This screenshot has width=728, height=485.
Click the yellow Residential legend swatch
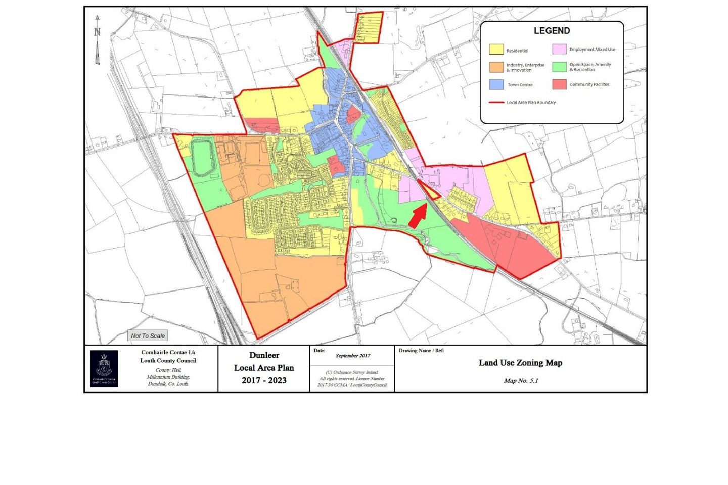pos(496,50)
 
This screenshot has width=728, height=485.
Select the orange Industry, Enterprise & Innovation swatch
pos(496,67)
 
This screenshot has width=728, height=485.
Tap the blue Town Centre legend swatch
pos(496,84)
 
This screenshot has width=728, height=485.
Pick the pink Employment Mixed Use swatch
pos(559,49)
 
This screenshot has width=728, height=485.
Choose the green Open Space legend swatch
pos(559,67)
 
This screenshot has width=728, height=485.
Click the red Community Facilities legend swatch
pos(559,84)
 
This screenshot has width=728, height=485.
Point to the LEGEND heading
pos(552,31)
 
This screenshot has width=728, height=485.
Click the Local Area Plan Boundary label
pos(531,103)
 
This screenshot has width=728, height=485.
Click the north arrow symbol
pos(97,40)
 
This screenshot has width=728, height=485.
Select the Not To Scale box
pos(148,335)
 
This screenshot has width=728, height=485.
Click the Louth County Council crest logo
pos(104,369)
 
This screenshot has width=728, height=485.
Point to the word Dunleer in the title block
pos(264,355)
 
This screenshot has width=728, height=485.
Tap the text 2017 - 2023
pos(264,380)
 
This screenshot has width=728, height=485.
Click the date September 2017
pos(353,356)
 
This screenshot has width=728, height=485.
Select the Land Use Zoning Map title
pos(520,363)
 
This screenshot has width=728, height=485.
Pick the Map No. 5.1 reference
pos(521,381)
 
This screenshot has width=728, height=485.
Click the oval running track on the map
pos(202,158)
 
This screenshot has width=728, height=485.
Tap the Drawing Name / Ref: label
pos(421,351)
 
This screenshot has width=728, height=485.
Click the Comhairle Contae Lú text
pos(168,352)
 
